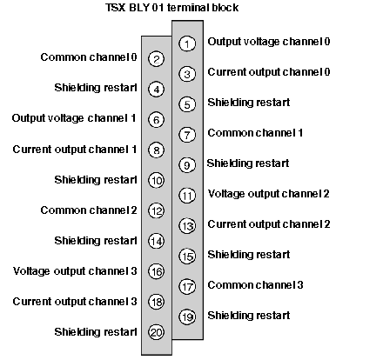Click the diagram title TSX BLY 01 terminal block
point(171,8)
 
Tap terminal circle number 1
point(187,43)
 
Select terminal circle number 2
point(156,59)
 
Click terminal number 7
point(187,135)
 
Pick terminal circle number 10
point(156,180)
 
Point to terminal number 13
point(187,226)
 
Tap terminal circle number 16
point(156,271)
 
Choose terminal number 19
point(187,317)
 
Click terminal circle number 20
point(156,332)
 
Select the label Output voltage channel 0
point(269,42)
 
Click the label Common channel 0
point(89,57)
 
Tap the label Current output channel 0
point(269,72)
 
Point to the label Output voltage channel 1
point(74,118)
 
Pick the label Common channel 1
point(255,133)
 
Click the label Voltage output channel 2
point(269,194)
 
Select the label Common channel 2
point(89,210)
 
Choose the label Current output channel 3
point(75,302)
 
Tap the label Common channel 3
point(255,285)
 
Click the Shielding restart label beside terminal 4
point(96,88)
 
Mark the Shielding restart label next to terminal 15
point(249,255)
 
